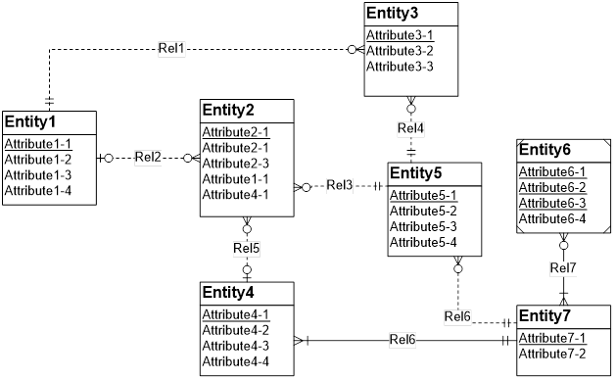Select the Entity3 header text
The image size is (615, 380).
point(398,14)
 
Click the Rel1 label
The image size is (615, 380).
point(172,47)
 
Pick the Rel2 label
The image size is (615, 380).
point(148,157)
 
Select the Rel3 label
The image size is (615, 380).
point(340,184)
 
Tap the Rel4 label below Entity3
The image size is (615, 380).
point(410,127)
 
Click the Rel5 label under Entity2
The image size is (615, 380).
point(247,246)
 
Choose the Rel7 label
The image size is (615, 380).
point(563,267)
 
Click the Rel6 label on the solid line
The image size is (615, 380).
point(402,340)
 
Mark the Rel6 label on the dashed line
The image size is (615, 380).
point(457,315)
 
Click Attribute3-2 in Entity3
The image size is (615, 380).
point(400,51)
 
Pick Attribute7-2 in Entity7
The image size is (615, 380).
point(551,353)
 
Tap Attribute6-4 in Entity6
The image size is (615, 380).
point(551,218)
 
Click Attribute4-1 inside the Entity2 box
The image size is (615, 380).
point(235,194)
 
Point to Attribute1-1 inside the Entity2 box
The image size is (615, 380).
point(235,178)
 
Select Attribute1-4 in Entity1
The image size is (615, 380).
point(36,190)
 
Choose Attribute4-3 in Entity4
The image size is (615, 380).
point(235,346)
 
